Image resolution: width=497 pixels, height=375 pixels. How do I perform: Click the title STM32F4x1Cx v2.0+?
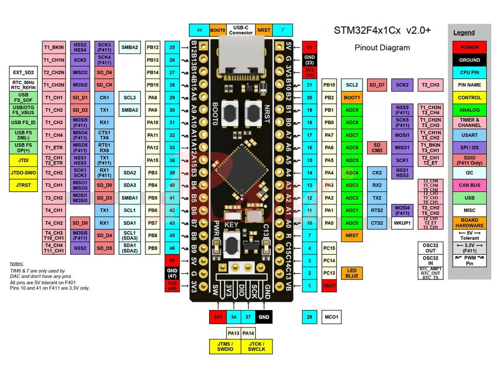(x=382, y=30)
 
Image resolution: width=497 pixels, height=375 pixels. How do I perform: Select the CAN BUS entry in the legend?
(x=469, y=185)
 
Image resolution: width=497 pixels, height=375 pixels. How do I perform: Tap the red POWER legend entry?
(x=469, y=48)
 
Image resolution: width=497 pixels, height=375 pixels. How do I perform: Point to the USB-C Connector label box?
(x=241, y=30)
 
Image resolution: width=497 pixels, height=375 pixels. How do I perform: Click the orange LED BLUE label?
(x=352, y=273)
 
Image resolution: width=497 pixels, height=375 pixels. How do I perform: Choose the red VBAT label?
(x=329, y=286)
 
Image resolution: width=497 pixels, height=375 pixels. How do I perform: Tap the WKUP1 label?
(x=402, y=223)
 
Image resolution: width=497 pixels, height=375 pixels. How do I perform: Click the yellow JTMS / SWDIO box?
(x=226, y=346)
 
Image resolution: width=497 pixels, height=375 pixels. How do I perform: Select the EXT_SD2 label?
(x=23, y=72)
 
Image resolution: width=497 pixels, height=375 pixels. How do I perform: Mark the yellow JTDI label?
(x=23, y=160)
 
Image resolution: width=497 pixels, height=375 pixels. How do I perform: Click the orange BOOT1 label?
(x=352, y=98)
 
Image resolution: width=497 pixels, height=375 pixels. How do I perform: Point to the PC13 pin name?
(x=329, y=273)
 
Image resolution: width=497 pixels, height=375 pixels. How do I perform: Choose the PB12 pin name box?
(x=152, y=48)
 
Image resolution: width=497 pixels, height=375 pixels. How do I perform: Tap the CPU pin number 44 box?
(x=199, y=30)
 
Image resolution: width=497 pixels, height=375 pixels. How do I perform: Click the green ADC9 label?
(x=352, y=110)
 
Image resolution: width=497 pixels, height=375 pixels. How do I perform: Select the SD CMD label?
(x=377, y=147)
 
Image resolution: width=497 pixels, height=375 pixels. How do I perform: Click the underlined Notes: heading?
(x=17, y=263)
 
